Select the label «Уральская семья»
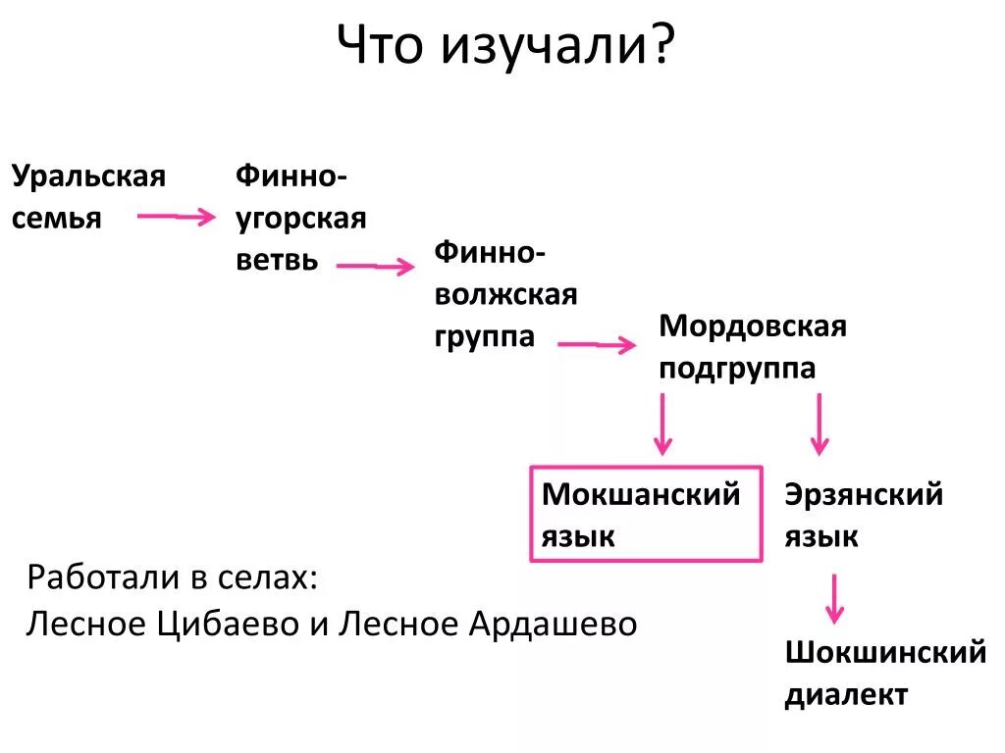pyautogui.click(x=88, y=197)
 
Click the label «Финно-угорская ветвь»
pyautogui.click(x=300, y=219)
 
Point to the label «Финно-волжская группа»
pyautogui.click(x=505, y=294)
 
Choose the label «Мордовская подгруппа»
pyautogui.click(x=752, y=346)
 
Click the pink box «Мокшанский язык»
pyautogui.click(x=646, y=514)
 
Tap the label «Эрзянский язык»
pyautogui.click(x=863, y=515)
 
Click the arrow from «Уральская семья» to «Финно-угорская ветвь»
pyautogui.click(x=175, y=217)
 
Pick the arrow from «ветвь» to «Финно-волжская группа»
pyautogui.click(x=376, y=266)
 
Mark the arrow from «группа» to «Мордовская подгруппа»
pyautogui.click(x=596, y=344)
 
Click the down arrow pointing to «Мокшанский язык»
pyautogui.click(x=662, y=424)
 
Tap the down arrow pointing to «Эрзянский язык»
pyautogui.click(x=819, y=424)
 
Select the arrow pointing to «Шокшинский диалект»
pyautogui.click(x=833, y=598)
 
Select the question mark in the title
pyautogui.click(x=661, y=45)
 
